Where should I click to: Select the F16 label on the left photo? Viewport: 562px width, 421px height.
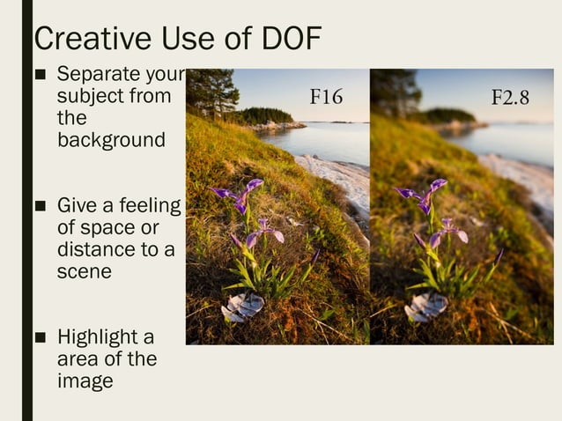(x=325, y=97)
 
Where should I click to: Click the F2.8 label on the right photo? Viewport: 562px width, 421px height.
(x=509, y=97)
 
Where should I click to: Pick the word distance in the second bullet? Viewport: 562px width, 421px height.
(x=94, y=250)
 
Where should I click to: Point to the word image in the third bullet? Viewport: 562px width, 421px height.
(x=85, y=381)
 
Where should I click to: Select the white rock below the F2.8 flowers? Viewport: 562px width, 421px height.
(x=426, y=307)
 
